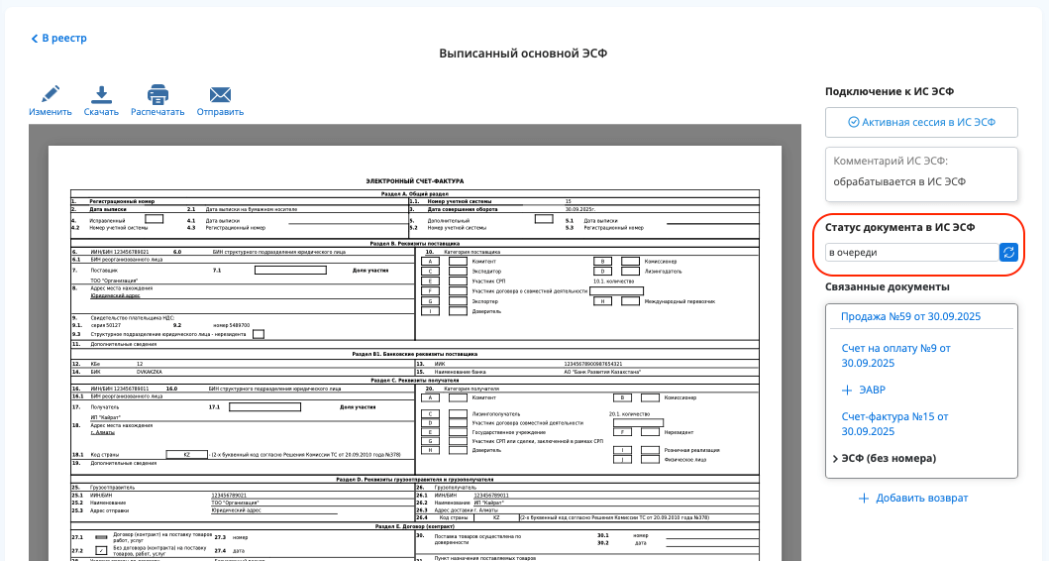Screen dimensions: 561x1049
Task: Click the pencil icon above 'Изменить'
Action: pos(51,95)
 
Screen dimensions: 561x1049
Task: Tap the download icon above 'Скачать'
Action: pos(101,95)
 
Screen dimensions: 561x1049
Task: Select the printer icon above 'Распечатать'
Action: pos(157,95)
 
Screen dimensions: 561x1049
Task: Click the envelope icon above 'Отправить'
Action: pos(220,95)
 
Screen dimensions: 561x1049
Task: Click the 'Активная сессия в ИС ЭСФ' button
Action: pos(921,122)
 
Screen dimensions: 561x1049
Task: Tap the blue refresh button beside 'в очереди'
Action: pos(1008,252)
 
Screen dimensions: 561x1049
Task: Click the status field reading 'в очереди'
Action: pos(911,252)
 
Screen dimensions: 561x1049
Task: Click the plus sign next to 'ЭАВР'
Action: pos(847,390)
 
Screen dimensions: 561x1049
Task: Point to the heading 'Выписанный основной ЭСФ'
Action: pos(523,54)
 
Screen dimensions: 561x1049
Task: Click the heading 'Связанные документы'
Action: pos(888,286)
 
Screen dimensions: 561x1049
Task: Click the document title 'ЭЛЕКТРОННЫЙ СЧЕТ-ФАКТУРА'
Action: pos(414,181)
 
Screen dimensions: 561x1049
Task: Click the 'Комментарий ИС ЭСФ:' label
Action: pos(891,161)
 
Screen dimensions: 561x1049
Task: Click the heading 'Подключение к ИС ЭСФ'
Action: pos(889,91)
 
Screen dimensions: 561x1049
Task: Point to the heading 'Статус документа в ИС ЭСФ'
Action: pos(899,227)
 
